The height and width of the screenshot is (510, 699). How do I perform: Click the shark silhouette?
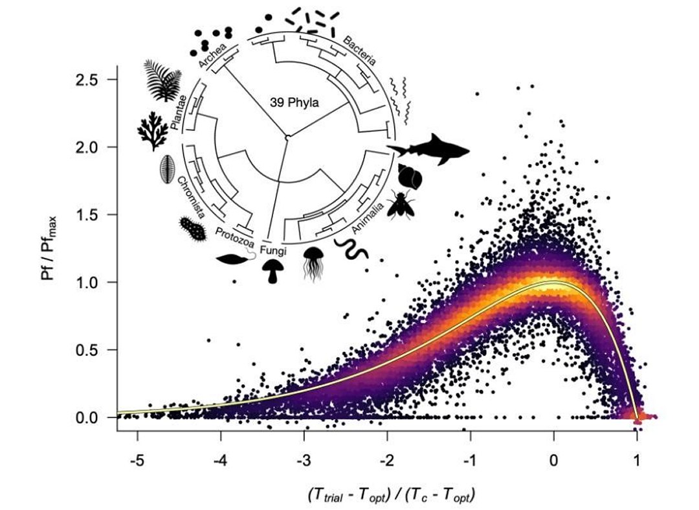(428, 150)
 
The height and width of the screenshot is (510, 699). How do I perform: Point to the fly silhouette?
(400, 204)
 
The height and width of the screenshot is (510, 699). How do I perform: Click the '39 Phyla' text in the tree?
(294, 102)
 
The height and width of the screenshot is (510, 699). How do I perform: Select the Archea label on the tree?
(213, 54)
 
